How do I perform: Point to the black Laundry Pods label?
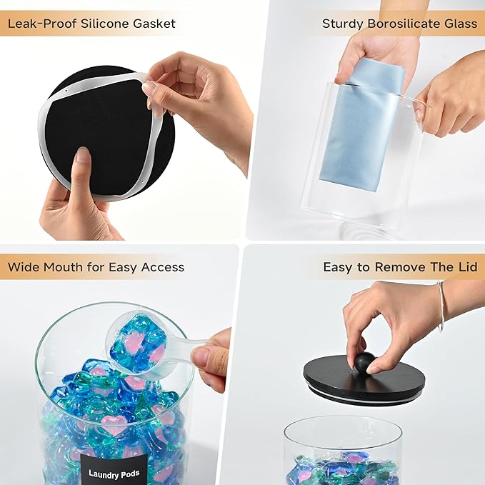(109, 473)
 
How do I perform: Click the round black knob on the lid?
(365, 361)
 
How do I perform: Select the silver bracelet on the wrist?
(441, 305)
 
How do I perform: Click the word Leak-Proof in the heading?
(39, 24)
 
